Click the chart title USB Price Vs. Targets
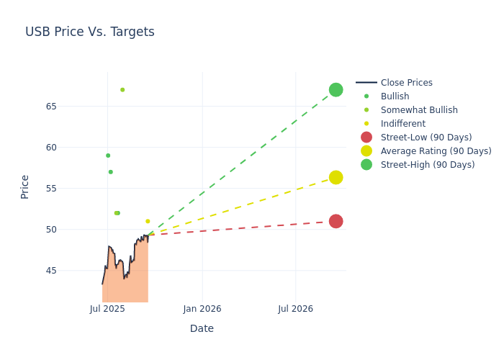(x=90, y=32)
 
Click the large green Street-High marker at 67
(x=336, y=90)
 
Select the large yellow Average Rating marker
(x=336, y=177)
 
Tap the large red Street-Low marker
(x=336, y=221)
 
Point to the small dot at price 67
(x=122, y=90)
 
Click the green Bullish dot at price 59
(x=108, y=156)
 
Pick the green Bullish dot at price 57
(x=110, y=172)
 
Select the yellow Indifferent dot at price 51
(x=148, y=222)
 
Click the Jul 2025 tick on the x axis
(x=107, y=309)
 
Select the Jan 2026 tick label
(x=202, y=309)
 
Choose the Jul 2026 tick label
(x=295, y=309)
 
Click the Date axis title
(x=202, y=328)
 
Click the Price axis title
(x=25, y=186)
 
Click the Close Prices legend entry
(x=406, y=83)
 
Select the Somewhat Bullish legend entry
(x=419, y=110)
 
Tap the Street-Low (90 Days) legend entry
(x=426, y=138)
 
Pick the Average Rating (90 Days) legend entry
(x=436, y=151)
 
